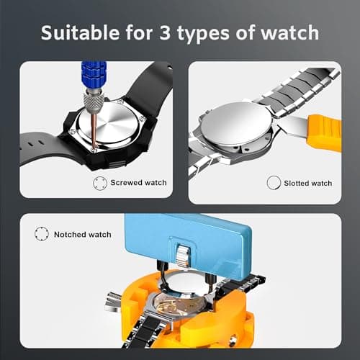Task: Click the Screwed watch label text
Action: pyautogui.click(x=138, y=183)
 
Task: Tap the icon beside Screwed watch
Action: pyautogui.click(x=100, y=183)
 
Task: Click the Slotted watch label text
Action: pyautogui.click(x=308, y=183)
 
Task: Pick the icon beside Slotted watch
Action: pyautogui.click(x=273, y=183)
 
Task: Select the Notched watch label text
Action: pyautogui.click(x=82, y=234)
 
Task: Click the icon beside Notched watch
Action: pyautogui.click(x=40, y=234)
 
